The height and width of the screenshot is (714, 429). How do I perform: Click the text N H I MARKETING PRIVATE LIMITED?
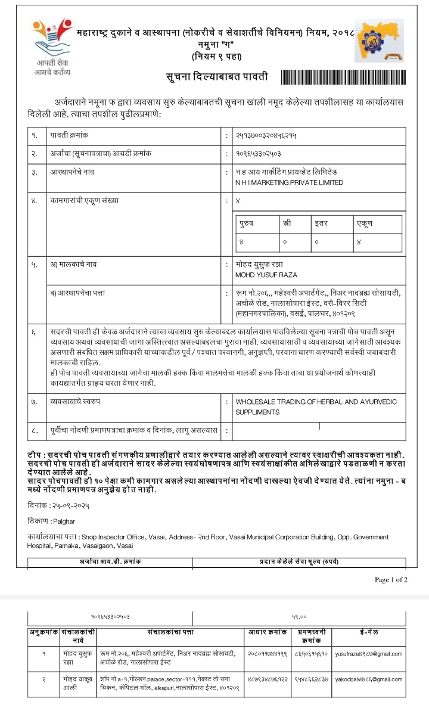[290, 182]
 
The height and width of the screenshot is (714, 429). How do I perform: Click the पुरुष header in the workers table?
[246, 224]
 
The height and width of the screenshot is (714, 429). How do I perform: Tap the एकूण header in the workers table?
[365, 224]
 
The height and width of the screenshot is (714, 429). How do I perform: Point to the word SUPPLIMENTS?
[257, 412]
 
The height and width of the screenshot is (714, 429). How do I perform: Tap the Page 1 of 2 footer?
[391, 579]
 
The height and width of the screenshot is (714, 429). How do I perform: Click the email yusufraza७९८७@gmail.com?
[369, 653]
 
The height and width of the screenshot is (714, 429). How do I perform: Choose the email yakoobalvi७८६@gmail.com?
[369, 679]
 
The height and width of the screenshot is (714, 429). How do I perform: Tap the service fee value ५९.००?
[299, 617]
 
